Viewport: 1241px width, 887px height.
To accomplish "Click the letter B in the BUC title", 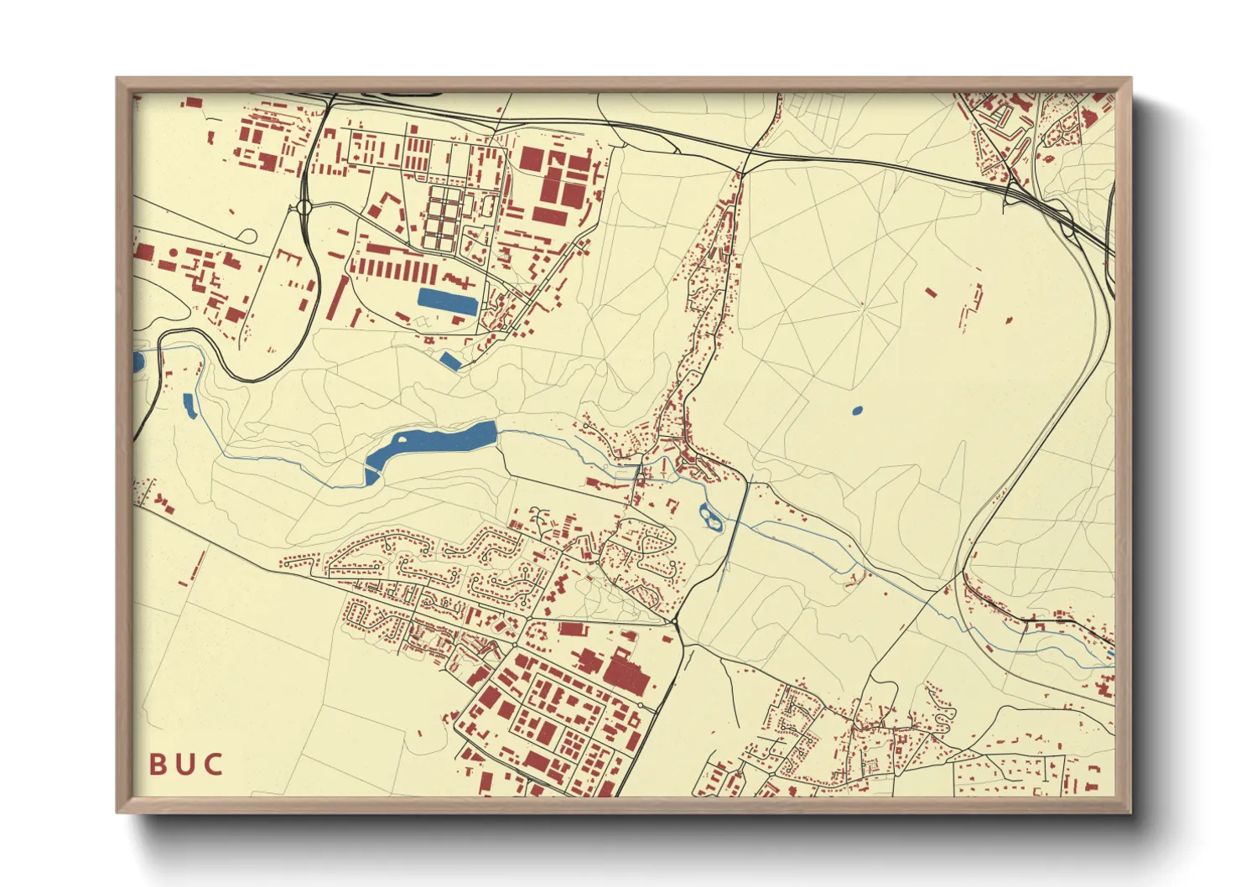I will click(x=159, y=764).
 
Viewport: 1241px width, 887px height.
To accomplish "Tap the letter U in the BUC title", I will click(x=186, y=764).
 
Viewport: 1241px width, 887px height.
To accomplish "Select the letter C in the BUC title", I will click(x=214, y=764).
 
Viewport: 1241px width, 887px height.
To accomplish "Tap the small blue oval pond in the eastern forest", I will click(x=856, y=411).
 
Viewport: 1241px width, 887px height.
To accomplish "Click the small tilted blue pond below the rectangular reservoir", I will click(x=450, y=361).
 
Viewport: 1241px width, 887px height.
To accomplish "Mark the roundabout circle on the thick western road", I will click(x=304, y=207).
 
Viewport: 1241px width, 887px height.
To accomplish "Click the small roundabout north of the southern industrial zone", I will click(x=675, y=621).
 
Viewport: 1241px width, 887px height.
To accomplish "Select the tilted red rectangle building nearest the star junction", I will click(x=931, y=292).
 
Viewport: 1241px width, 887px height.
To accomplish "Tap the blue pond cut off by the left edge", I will click(x=138, y=363).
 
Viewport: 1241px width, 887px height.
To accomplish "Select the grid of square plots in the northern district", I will click(x=443, y=216).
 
